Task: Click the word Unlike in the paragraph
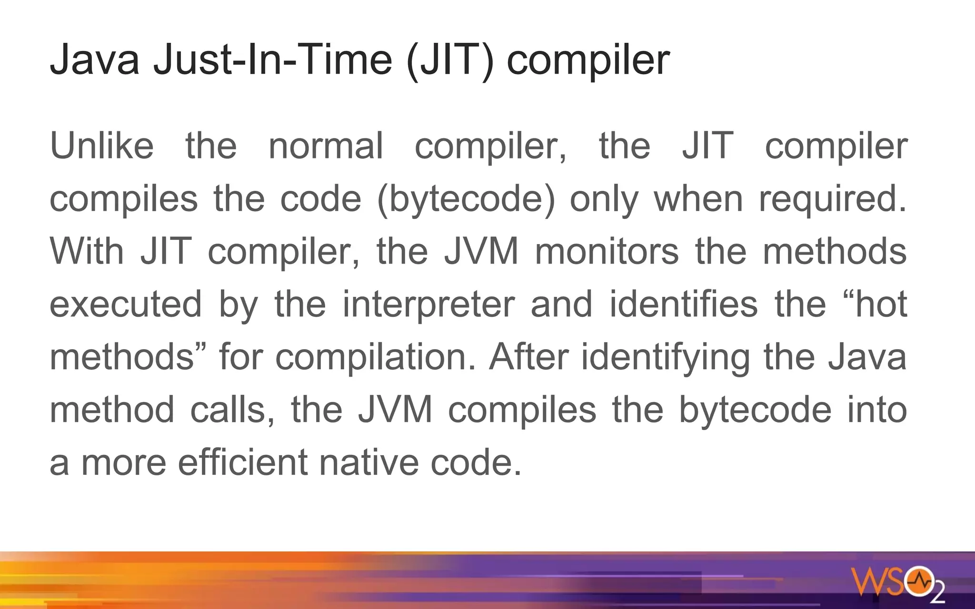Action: coord(102,146)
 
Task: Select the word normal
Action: coord(326,146)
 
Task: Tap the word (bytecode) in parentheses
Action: coord(466,199)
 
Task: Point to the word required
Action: coord(833,199)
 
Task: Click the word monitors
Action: coord(607,251)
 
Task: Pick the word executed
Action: coord(126,304)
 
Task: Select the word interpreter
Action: coord(428,304)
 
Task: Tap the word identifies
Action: coord(684,304)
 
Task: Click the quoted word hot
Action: coord(881,304)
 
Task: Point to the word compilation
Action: coord(376,357)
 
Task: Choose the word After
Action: coord(528,357)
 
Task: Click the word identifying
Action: coord(666,358)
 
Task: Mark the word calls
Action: coord(232,410)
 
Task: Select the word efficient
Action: coord(243,462)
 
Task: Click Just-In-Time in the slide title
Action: coord(272,60)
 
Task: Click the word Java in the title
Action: coord(95,60)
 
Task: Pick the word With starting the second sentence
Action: coord(87,251)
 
